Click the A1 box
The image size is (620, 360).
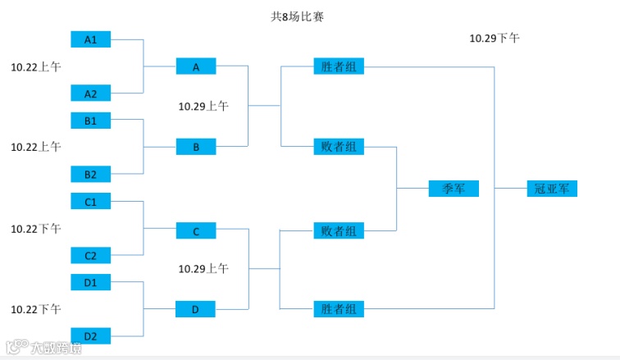point(91,39)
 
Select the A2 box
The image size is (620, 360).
point(91,93)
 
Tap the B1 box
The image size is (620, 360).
point(91,121)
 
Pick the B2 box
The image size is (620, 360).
point(91,174)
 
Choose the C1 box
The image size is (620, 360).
point(91,202)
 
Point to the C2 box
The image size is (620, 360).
point(91,255)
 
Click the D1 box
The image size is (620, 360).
point(91,283)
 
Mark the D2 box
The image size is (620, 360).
point(91,336)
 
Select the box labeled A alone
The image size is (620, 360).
point(196,67)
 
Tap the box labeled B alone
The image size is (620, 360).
point(196,148)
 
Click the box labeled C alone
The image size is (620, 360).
point(196,231)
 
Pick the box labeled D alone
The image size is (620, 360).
point(196,309)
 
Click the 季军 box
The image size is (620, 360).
point(454,189)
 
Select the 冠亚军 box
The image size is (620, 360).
point(552,189)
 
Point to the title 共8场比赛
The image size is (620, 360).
point(297,16)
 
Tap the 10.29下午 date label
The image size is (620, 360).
point(494,38)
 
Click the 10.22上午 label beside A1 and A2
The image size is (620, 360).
point(35,66)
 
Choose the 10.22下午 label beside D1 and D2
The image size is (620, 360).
point(35,309)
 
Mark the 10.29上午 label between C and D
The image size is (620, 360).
point(203,268)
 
